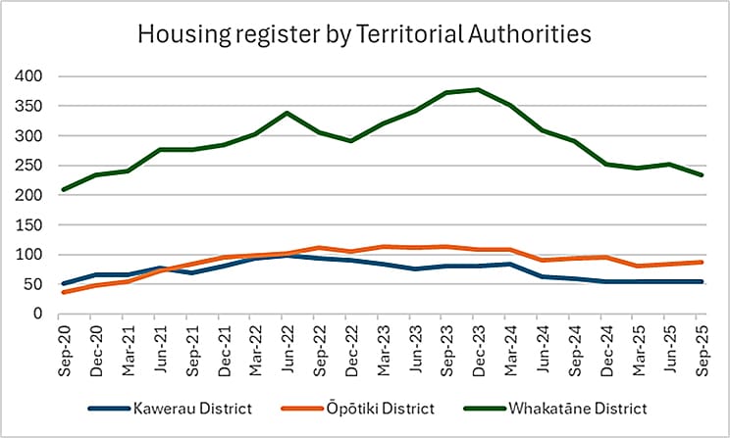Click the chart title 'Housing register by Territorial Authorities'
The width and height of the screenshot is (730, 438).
tap(364, 33)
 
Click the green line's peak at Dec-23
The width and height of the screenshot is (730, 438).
tap(478, 89)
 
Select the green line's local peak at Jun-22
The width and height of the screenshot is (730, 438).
tap(287, 113)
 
